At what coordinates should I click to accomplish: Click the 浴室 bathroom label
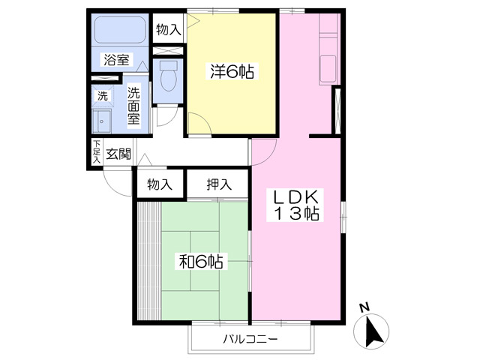click(x=116, y=59)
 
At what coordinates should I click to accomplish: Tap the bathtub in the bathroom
click(x=120, y=30)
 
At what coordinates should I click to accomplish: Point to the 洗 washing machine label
click(x=103, y=96)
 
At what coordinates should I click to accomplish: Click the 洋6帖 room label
click(x=232, y=72)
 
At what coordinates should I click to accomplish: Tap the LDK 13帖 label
click(x=296, y=205)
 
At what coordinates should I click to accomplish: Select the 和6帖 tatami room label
click(x=201, y=261)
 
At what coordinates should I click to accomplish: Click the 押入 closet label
click(x=219, y=184)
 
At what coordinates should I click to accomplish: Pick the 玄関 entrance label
click(x=118, y=154)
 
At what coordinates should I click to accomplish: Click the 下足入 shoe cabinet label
click(x=97, y=151)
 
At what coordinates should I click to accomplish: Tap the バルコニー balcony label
click(x=250, y=339)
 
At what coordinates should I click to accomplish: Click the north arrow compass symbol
click(x=371, y=331)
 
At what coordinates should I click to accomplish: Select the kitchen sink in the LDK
click(x=328, y=69)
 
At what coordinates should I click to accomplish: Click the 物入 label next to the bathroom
click(x=168, y=30)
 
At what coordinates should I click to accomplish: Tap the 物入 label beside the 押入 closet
click(x=160, y=184)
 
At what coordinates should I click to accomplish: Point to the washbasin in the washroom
click(x=102, y=121)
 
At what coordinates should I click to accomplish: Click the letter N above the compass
click(x=364, y=307)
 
